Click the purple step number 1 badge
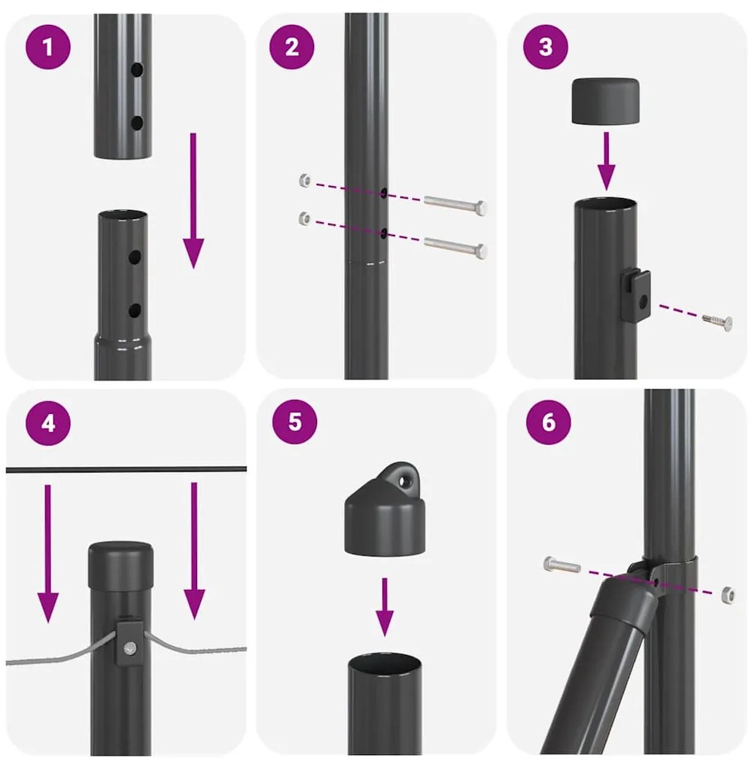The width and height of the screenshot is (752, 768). click(49, 48)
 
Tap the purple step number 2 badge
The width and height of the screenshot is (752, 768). click(292, 47)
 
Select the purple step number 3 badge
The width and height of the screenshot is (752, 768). click(545, 47)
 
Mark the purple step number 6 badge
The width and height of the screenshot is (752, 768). click(547, 422)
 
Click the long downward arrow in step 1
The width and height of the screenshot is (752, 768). click(193, 200)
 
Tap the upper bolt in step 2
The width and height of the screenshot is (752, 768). click(455, 204)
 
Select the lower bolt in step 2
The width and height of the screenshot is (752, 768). click(455, 245)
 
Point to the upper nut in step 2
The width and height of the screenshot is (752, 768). click(304, 181)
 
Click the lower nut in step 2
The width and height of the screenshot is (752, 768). click(304, 219)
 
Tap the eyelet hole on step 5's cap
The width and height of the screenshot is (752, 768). click(406, 478)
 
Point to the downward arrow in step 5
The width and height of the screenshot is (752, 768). click(385, 606)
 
